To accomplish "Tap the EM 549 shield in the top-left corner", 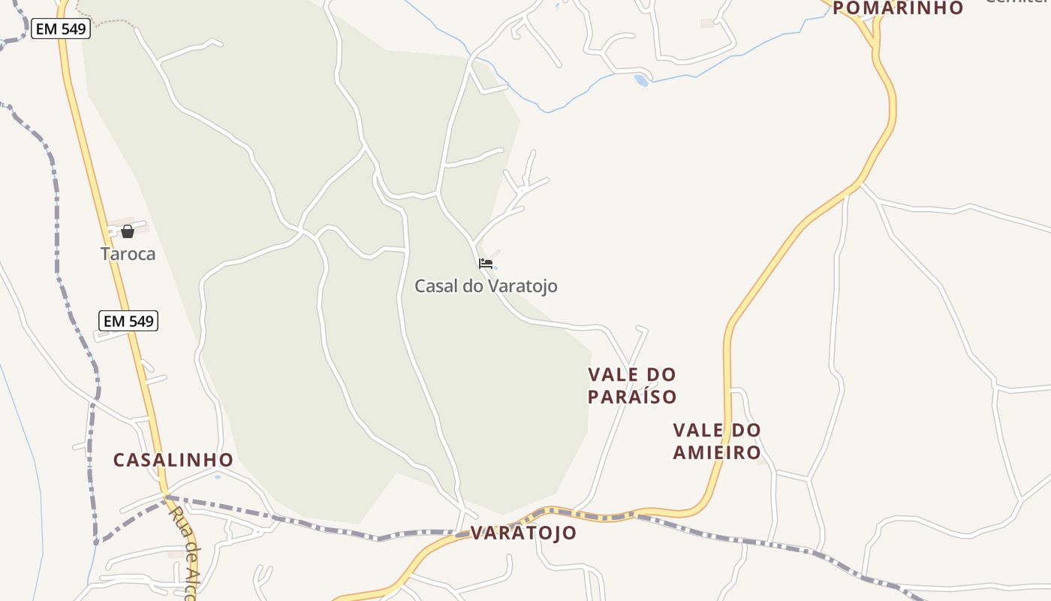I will (61, 29).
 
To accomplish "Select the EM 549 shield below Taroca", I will (128, 322).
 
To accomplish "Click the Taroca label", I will (128, 254).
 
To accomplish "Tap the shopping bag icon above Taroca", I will (128, 231).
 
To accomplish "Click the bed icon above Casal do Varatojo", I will (486, 264).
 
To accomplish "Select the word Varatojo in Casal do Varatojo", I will (522, 286).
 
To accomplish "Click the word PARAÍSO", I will (632, 397).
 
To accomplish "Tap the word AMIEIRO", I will (717, 452).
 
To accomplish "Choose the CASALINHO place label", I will (173, 460).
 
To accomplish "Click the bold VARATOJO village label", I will (524, 533).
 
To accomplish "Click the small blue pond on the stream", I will (641, 80).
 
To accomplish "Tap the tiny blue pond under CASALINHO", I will (218, 476).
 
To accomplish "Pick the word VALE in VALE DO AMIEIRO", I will (697, 430).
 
